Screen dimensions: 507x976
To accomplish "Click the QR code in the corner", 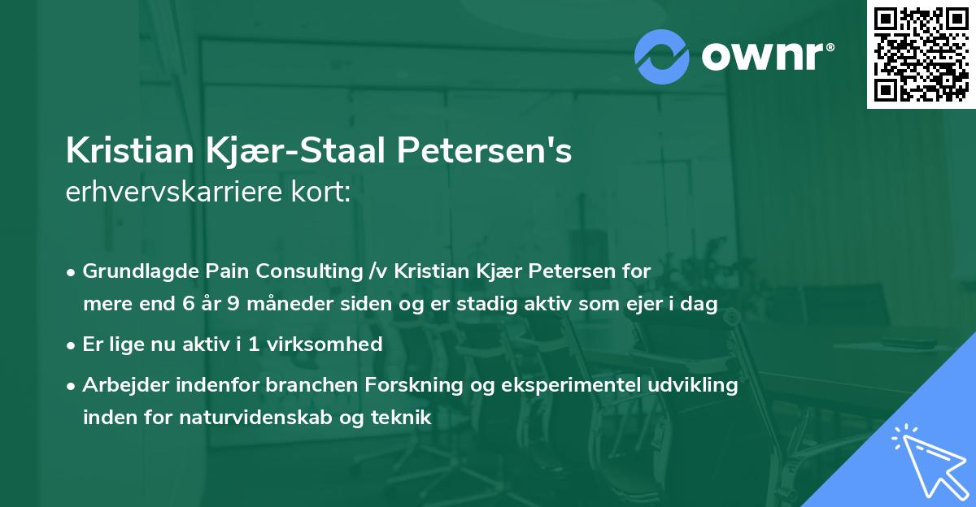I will pyautogui.click(x=922, y=54).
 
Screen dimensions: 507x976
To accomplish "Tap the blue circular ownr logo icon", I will pyautogui.click(x=661, y=57).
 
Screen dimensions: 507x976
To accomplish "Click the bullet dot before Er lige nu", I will pyautogui.click(x=72, y=344).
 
